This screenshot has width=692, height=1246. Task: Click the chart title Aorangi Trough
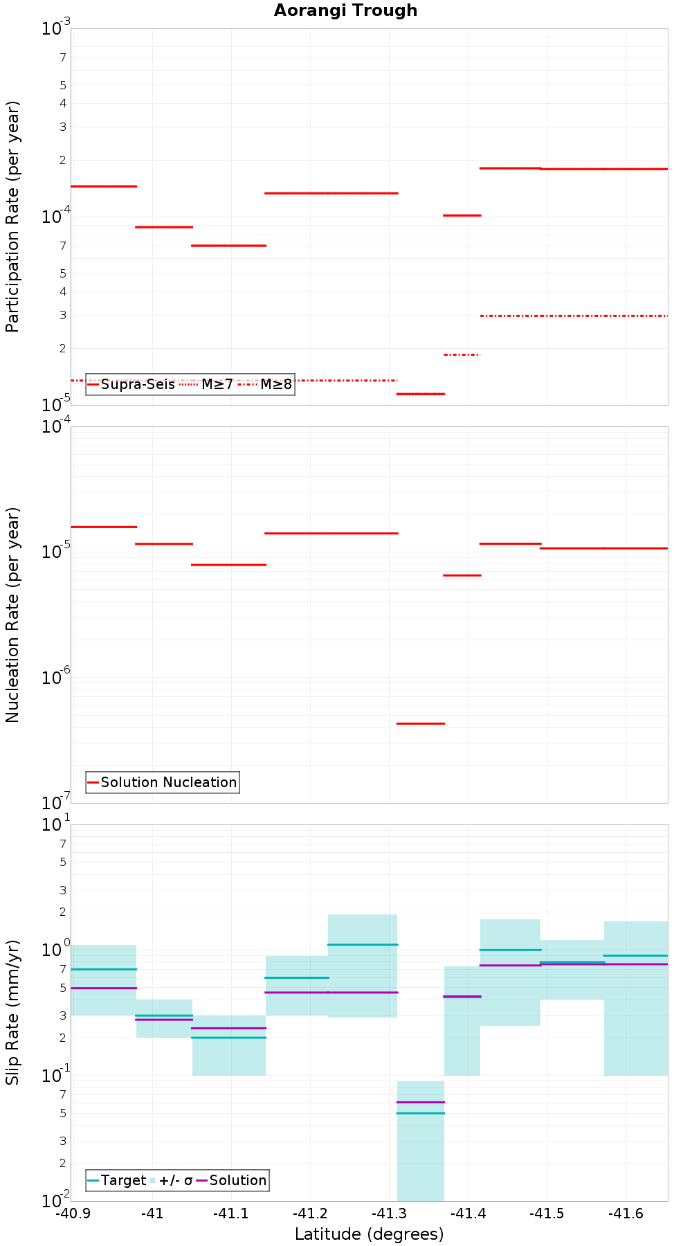coord(345,10)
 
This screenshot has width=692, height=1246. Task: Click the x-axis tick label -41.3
coord(389,1213)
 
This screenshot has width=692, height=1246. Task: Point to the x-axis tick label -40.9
coord(73,1213)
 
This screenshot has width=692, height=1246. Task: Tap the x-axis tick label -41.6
coord(626,1213)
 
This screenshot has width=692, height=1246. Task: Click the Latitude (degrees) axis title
coord(369,1234)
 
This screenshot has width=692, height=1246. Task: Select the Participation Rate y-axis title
coord(12,217)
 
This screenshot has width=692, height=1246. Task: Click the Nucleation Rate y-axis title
coord(12,615)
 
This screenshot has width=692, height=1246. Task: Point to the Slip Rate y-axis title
coord(12,1012)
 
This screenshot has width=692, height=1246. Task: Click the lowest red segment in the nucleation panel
coord(420,723)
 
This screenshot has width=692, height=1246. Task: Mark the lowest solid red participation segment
coord(420,394)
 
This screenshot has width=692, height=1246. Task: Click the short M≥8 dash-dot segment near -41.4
coord(462,354)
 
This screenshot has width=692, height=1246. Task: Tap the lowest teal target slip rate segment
coord(420,1113)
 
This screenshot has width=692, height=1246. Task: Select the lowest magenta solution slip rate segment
coord(420,1102)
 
